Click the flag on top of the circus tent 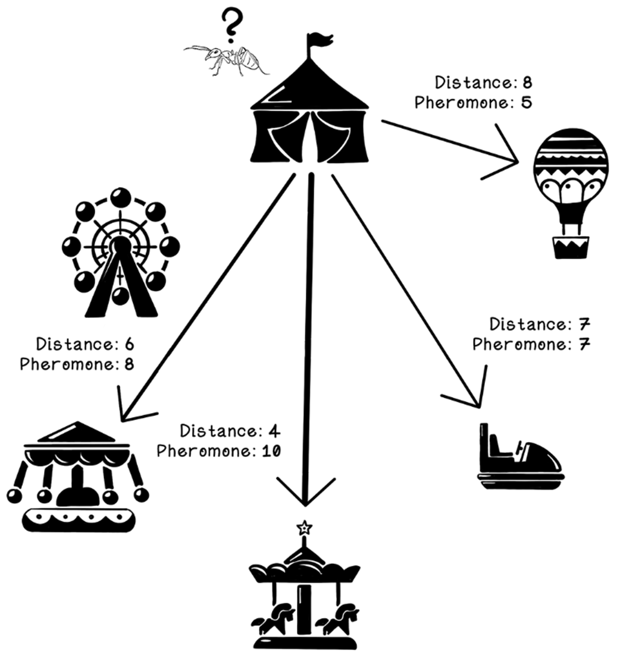click(x=318, y=42)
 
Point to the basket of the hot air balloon click(x=571, y=247)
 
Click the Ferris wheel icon click(x=121, y=252)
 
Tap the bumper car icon click(x=521, y=458)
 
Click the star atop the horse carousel click(x=305, y=527)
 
